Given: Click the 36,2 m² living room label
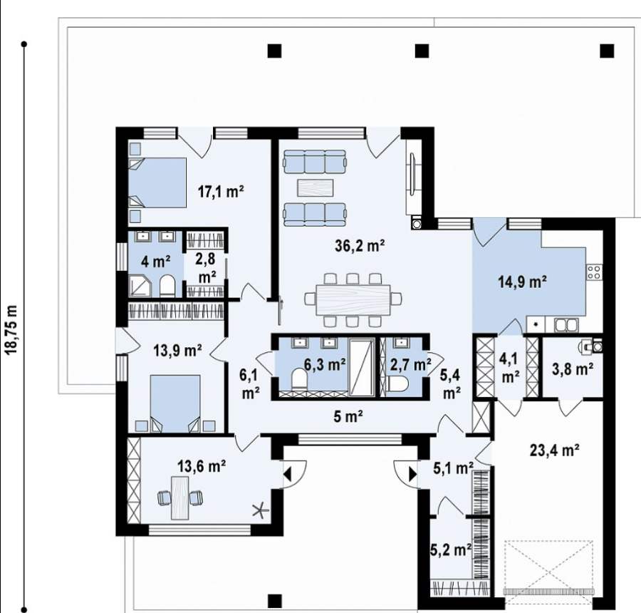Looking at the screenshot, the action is [x=360, y=245].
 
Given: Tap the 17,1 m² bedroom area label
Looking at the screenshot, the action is [x=221, y=191].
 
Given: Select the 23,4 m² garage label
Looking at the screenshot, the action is [x=554, y=450].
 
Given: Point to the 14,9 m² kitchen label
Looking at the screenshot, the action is [x=523, y=282].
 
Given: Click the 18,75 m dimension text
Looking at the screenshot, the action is [x=11, y=329].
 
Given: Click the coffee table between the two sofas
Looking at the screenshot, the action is [x=316, y=189].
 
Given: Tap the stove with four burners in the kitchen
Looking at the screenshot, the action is [x=595, y=272].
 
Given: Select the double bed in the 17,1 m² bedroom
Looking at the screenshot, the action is [x=158, y=182].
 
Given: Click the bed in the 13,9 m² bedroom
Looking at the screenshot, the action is [x=175, y=403].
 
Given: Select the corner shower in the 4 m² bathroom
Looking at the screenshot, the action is [x=140, y=286].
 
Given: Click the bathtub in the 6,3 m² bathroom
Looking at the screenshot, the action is [x=363, y=367].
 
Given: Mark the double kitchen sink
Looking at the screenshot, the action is [x=567, y=325].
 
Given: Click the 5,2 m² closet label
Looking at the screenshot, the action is [x=451, y=550].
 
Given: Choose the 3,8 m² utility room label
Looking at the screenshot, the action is [x=573, y=369].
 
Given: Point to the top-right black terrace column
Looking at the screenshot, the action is [x=607, y=51].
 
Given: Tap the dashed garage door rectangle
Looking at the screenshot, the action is [x=548, y=570].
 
